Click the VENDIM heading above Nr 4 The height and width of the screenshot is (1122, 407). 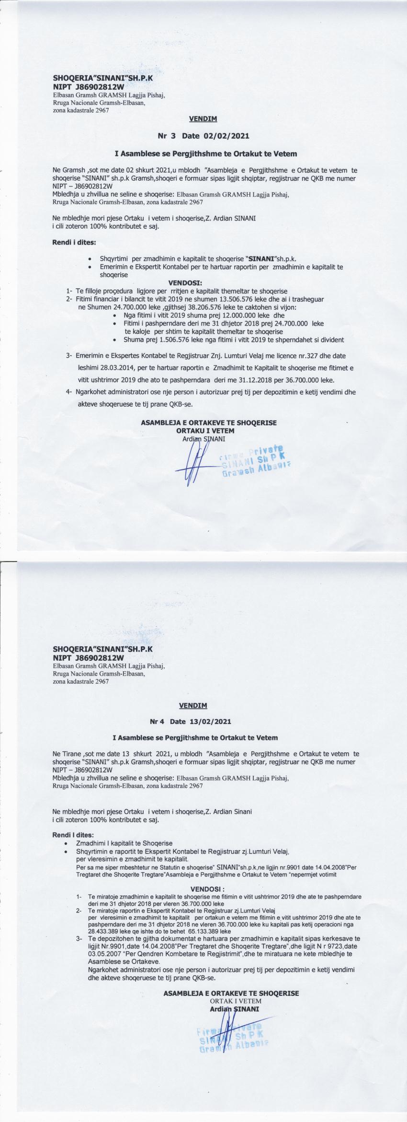(193, 706)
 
